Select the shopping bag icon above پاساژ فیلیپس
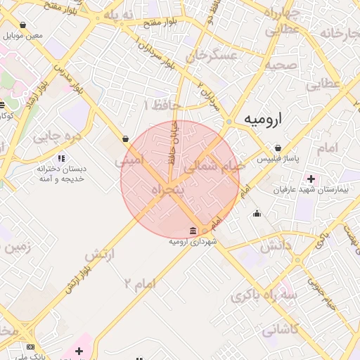click(x=279, y=148)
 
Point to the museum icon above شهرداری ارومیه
click(x=193, y=231)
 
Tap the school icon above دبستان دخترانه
click(x=61, y=158)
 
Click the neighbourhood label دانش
click(x=277, y=245)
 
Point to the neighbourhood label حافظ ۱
click(x=162, y=105)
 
